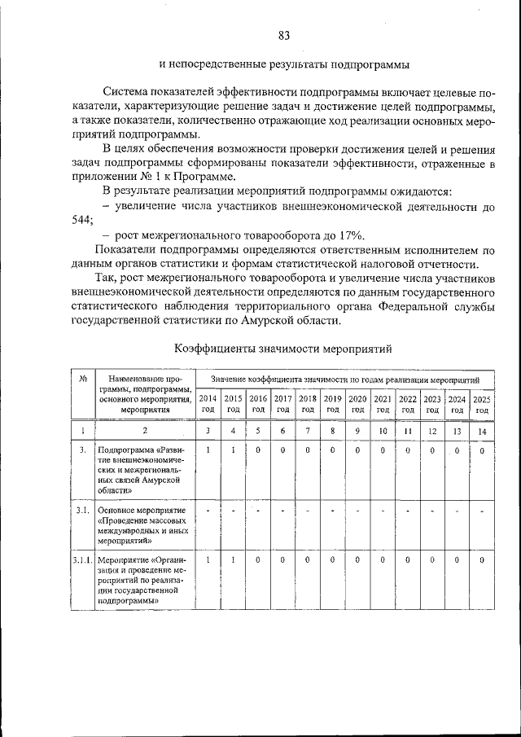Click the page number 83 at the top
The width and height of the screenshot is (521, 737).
[284, 35]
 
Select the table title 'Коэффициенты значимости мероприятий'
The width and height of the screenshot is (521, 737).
[284, 349]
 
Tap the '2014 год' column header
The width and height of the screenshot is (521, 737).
[208, 404]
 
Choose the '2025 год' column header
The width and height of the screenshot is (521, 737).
[482, 404]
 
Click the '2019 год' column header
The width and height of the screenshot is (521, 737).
[332, 404]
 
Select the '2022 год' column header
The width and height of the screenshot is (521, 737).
[408, 404]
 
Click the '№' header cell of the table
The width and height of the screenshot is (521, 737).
[84, 379]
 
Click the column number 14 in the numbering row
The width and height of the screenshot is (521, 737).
[482, 430]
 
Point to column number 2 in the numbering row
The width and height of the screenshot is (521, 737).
[145, 430]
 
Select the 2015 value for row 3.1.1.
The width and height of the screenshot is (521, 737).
[234, 560]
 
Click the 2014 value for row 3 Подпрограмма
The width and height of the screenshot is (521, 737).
[208, 450]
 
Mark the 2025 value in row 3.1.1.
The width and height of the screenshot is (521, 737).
[482, 560]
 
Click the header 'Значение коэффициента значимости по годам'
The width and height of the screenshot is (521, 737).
[345, 379]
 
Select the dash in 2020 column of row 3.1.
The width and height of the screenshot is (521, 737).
[357, 511]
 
